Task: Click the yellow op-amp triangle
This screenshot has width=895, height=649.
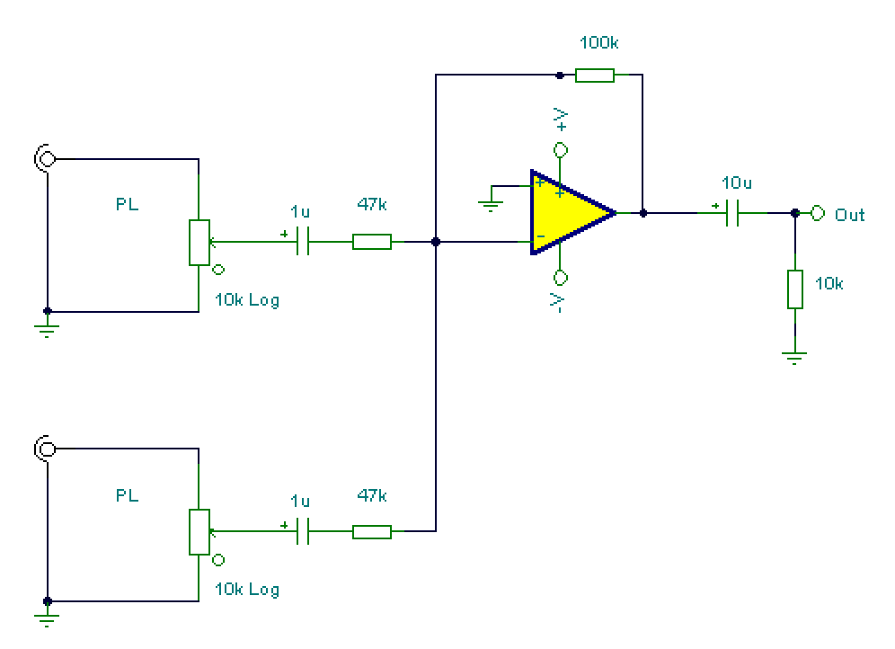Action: pyautogui.click(x=571, y=212)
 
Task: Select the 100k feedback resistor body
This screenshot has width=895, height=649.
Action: pyautogui.click(x=595, y=76)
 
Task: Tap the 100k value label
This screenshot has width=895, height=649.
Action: pyautogui.click(x=598, y=43)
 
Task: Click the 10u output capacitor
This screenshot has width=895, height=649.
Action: pyautogui.click(x=732, y=213)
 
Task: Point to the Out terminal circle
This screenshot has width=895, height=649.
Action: pyautogui.click(x=818, y=213)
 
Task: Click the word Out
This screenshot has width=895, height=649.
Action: pyautogui.click(x=849, y=215)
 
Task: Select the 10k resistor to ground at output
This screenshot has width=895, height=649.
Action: pyautogui.click(x=795, y=289)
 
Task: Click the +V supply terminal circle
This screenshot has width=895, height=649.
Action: pyautogui.click(x=561, y=150)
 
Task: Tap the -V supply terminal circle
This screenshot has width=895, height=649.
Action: pyautogui.click(x=561, y=278)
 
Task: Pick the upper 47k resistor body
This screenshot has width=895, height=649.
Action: pyautogui.click(x=372, y=242)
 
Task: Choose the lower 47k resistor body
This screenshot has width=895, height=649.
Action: pyautogui.click(x=372, y=532)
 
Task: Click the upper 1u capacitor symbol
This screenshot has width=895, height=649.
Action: pyautogui.click(x=303, y=242)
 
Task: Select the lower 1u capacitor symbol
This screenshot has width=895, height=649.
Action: pyautogui.click(x=303, y=531)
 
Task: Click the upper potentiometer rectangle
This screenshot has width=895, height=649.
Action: pyautogui.click(x=199, y=243)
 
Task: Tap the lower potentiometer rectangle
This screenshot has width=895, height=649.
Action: pyautogui.click(x=199, y=532)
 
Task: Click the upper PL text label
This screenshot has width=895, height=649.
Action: pyautogui.click(x=128, y=204)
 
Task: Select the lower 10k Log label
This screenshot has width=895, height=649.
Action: pyautogui.click(x=247, y=589)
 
